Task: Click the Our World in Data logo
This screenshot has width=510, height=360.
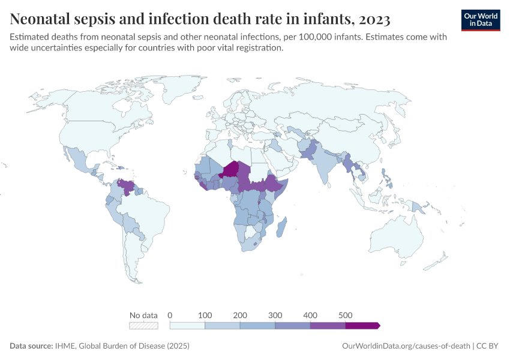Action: (x=481, y=20)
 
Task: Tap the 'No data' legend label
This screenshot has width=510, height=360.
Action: (x=143, y=315)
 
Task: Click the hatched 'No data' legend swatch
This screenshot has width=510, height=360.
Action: (x=143, y=326)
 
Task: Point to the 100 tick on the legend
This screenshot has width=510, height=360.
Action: (x=205, y=315)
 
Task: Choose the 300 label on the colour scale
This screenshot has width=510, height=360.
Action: (x=275, y=315)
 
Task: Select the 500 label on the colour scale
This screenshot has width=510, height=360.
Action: (x=345, y=315)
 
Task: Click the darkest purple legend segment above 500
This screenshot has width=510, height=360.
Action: (x=362, y=326)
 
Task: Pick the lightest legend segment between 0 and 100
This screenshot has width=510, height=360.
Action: (x=188, y=326)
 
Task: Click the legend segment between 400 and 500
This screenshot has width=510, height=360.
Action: (x=328, y=326)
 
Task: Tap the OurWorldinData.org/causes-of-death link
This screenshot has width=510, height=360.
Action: (x=406, y=346)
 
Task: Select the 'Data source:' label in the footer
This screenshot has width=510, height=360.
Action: (x=31, y=346)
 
